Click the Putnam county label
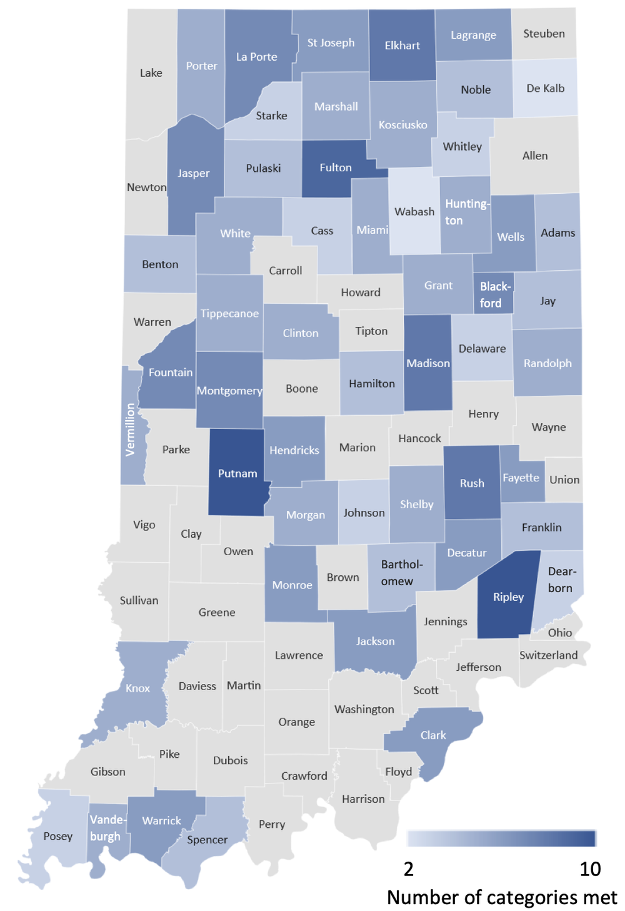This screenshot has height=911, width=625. tap(237, 473)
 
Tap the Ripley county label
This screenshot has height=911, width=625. tap(508, 597)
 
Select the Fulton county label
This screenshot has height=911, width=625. tap(336, 168)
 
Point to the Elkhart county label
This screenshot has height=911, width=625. tap(402, 46)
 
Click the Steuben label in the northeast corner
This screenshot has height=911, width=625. tap(544, 34)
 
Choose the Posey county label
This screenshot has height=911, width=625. tap(58, 836)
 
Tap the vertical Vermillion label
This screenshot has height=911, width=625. tap(130, 430)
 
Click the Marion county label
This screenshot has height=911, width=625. tap(357, 448)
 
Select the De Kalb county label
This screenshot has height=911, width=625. tap(545, 88)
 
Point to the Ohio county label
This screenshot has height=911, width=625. tap(560, 633)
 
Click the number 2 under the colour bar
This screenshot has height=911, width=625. tap(409, 869)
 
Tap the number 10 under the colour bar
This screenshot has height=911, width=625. tap(590, 869)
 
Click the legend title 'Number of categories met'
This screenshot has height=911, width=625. tap(502, 897)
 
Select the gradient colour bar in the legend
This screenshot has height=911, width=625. tap(501, 838)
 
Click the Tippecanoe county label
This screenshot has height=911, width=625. tap(229, 313)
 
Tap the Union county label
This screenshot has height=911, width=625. tap(564, 480)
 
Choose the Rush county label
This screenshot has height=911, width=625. tap(472, 483)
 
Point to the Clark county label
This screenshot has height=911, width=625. tap(433, 735)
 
